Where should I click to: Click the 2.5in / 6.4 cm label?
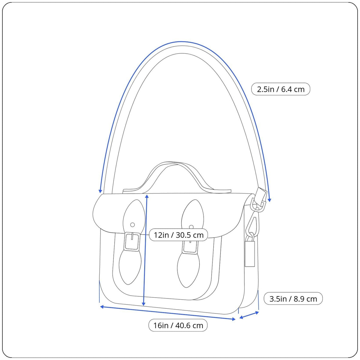pyautogui.click(x=280, y=89)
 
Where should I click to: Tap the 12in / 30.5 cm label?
pyautogui.click(x=178, y=235)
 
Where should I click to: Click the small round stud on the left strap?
pyautogui.click(x=133, y=225)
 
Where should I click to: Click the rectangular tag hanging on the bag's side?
pyautogui.click(x=250, y=253)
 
